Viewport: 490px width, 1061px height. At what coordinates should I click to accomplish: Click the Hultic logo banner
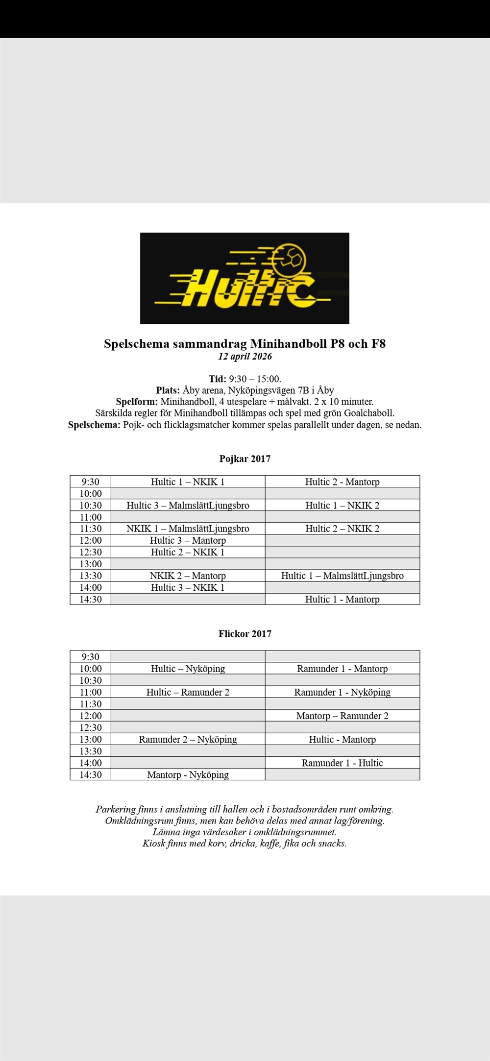tap(245, 278)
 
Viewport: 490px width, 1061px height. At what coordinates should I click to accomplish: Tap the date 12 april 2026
tap(245, 356)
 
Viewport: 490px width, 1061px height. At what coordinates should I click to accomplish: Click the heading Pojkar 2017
tap(245, 459)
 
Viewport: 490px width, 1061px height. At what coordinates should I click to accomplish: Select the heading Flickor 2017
tap(245, 634)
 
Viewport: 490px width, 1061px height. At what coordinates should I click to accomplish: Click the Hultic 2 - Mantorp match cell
tap(342, 482)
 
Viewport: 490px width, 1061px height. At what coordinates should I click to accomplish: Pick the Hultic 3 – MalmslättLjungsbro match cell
tap(188, 505)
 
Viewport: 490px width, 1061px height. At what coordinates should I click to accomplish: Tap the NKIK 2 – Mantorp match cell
tap(188, 576)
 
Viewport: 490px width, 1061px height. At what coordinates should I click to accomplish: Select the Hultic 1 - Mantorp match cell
tap(342, 599)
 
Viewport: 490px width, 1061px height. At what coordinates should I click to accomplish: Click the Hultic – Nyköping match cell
tap(188, 669)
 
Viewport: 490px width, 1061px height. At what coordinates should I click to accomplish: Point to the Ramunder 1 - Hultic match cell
tap(342, 763)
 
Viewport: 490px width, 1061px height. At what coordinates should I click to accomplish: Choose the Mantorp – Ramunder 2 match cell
tap(342, 716)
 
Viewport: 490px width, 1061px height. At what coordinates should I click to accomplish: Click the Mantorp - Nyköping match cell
tap(188, 774)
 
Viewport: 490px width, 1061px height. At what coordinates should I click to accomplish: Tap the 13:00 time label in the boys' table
tap(91, 564)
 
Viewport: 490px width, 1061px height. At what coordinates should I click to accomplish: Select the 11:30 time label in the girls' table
tap(91, 704)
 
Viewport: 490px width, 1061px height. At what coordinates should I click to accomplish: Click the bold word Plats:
tap(168, 390)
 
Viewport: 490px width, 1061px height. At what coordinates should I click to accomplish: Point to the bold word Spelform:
tap(137, 402)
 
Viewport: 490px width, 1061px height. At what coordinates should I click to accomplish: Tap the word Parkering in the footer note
tap(116, 809)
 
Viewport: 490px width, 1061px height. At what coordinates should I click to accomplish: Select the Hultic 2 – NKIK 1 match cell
tap(188, 552)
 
